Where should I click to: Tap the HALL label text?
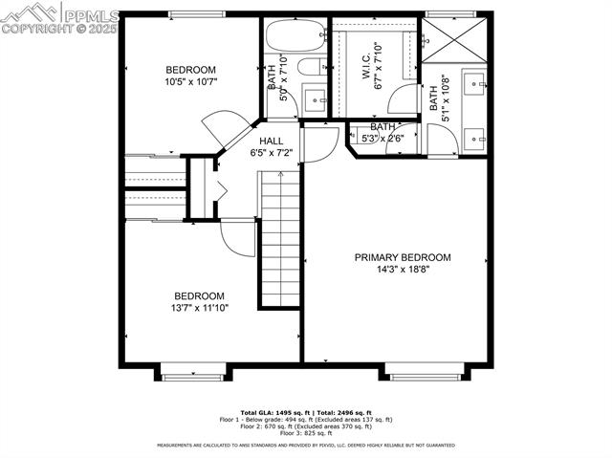click(x=272, y=141)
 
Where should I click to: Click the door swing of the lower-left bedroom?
click(x=237, y=237)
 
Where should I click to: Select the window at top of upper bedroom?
click(x=197, y=13)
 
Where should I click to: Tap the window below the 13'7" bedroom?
click(x=191, y=376)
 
